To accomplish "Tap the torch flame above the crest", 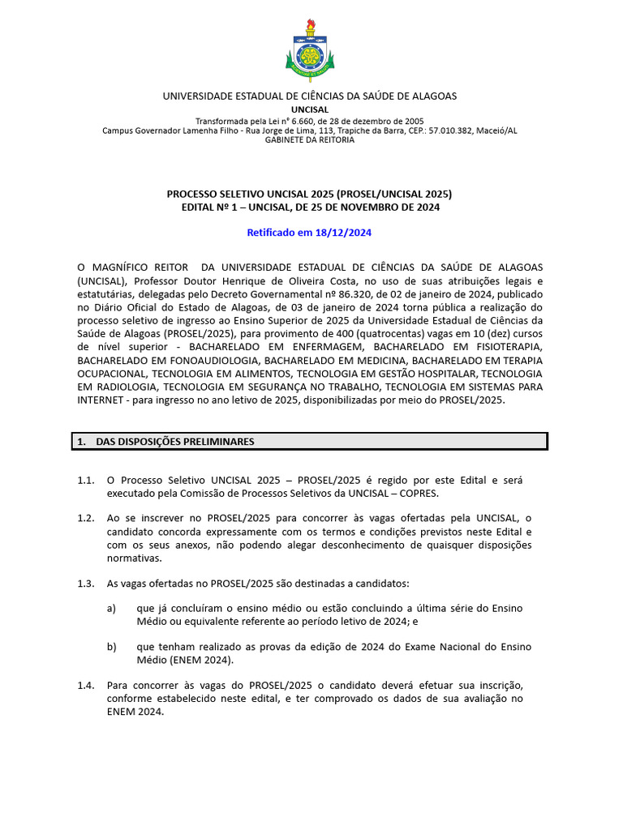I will pyautogui.click(x=310, y=25).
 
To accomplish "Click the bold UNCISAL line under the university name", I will pyautogui.click(x=310, y=109).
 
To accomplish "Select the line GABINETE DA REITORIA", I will pyautogui.click(x=310, y=140).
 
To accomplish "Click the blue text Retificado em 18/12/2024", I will pyautogui.click(x=309, y=233).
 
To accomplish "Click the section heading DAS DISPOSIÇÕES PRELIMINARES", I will pyautogui.click(x=175, y=442).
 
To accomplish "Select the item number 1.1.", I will pyautogui.click(x=86, y=481).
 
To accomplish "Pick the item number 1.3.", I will pyautogui.click(x=86, y=584).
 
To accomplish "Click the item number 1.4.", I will pyautogui.click(x=86, y=686).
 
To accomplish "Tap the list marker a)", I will pyautogui.click(x=112, y=608).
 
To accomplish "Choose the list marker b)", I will pyautogui.click(x=112, y=646).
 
